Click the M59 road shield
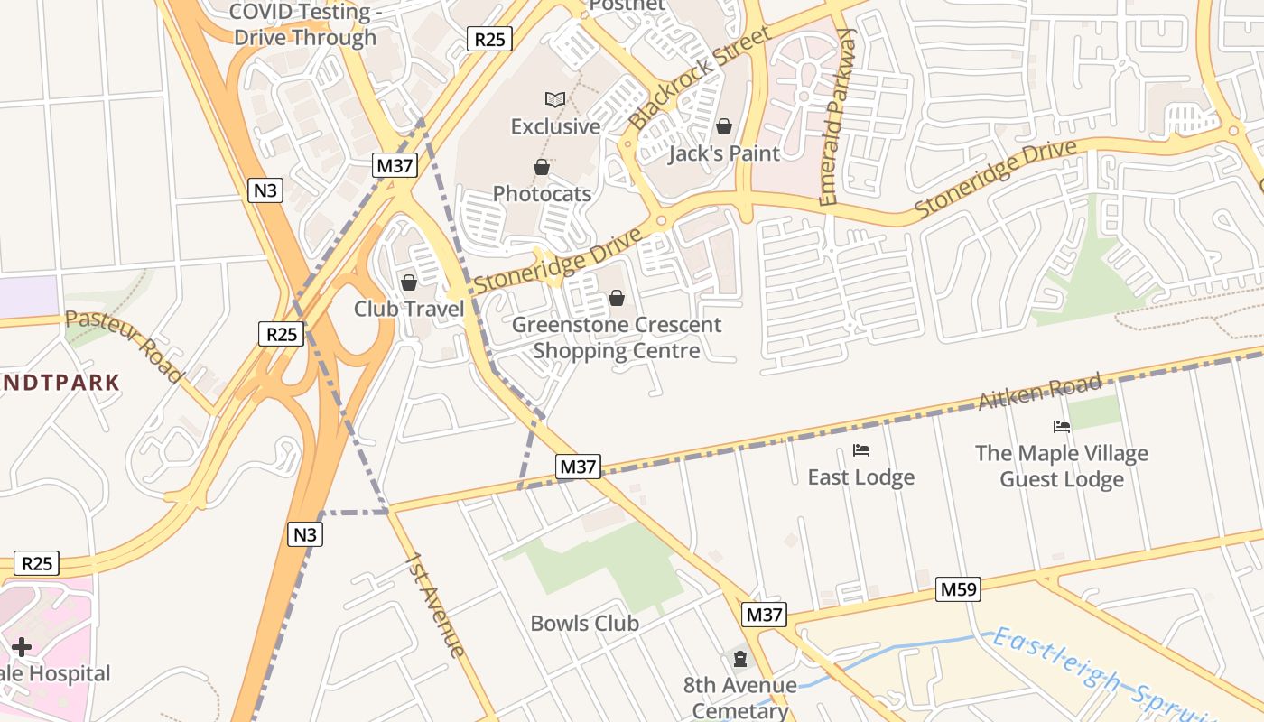coord(958,589)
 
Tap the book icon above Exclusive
coord(555,99)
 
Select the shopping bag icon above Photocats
coord(542,167)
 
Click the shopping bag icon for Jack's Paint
coord(724,126)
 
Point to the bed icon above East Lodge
coord(861,449)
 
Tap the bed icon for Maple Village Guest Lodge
coord(1062,426)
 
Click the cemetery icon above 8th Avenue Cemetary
coord(740,659)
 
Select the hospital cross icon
coord(22,647)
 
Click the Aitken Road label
coord(1041,392)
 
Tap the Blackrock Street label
coord(700,78)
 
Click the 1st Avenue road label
coord(435,604)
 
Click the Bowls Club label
coord(584,624)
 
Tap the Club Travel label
coord(409,309)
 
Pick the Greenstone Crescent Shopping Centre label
coord(617,338)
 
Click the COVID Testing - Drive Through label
coord(304,24)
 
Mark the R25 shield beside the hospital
coord(37,564)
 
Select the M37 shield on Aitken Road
coord(578,467)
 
